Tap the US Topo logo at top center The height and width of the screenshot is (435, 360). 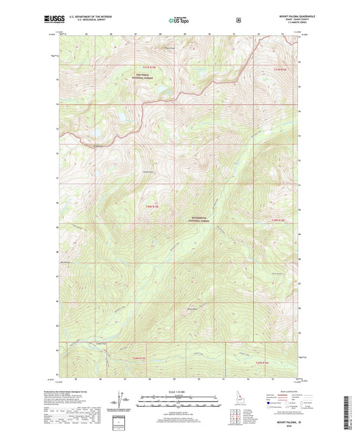pos(178,21)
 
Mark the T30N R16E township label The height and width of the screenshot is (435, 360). pos(278,220)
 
